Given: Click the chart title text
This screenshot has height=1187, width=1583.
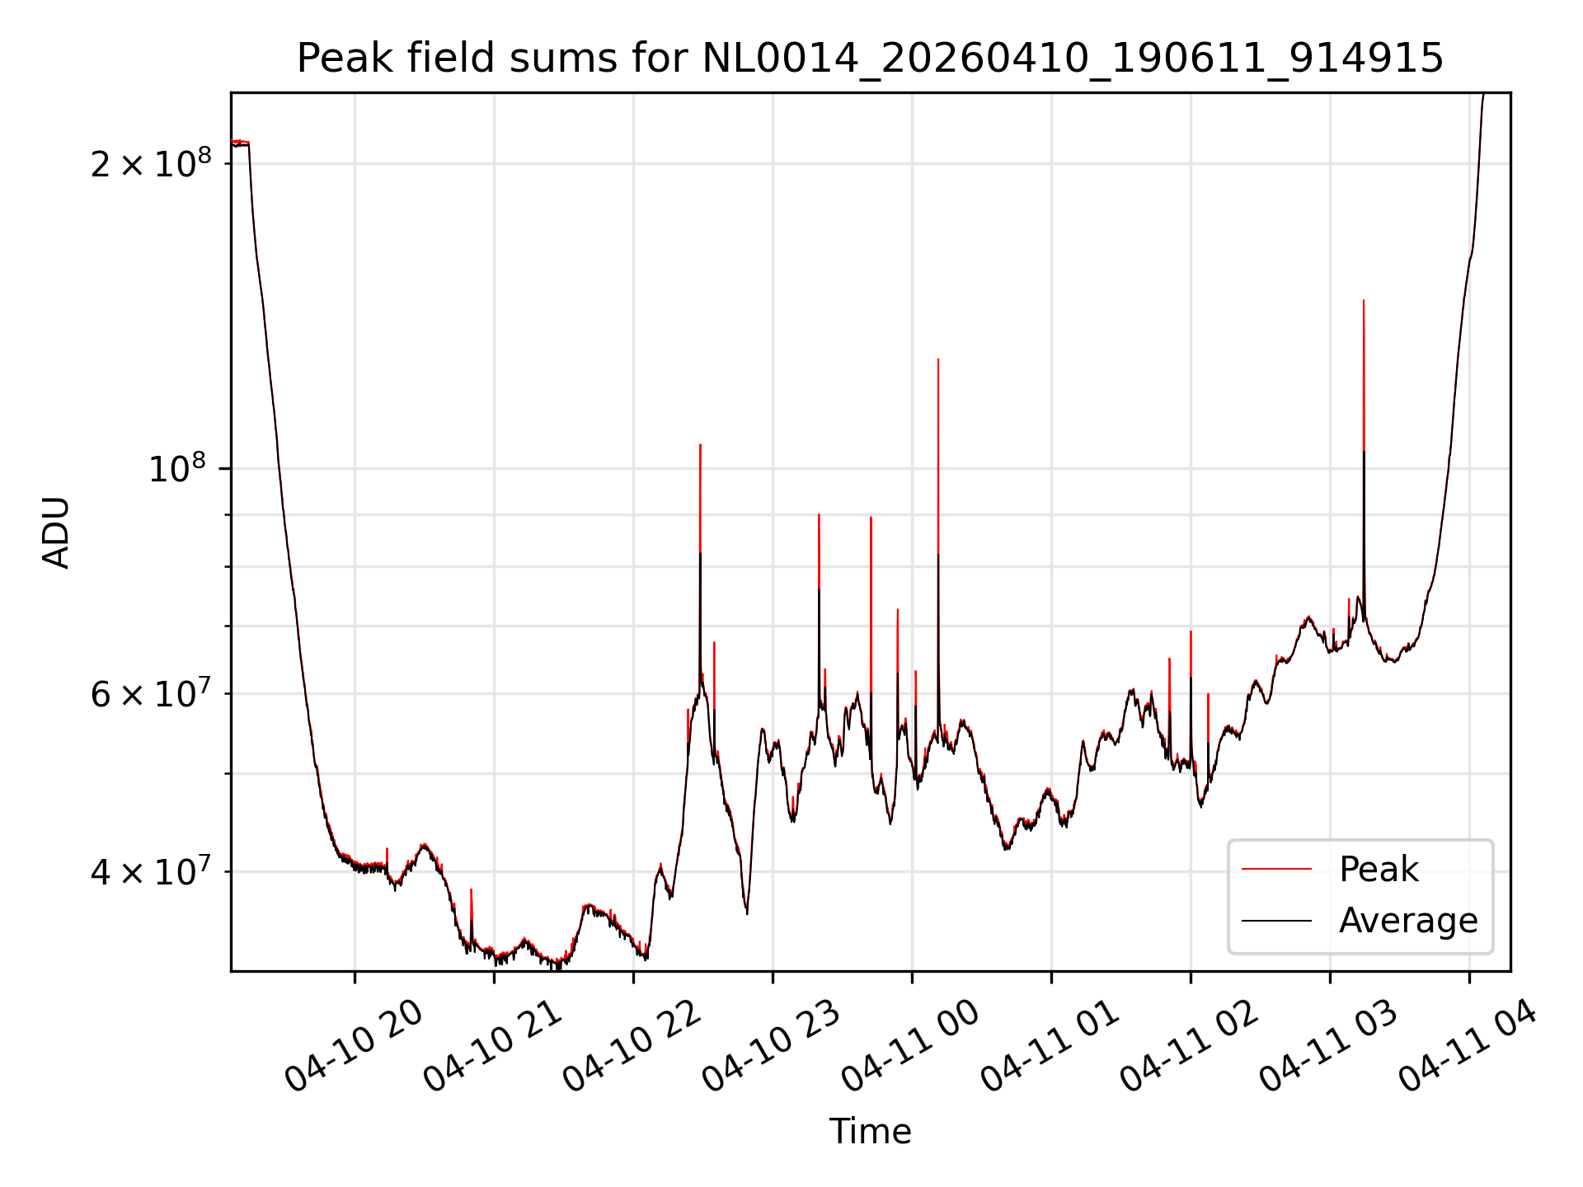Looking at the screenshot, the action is [870, 59].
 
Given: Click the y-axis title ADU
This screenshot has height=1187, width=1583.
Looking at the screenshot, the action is [56, 533].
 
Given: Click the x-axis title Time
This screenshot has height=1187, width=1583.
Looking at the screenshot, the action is [870, 1131].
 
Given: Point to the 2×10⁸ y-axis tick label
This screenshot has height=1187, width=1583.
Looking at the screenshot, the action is [151, 163].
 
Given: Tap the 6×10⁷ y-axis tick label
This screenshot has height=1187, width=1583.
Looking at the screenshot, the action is [151, 693].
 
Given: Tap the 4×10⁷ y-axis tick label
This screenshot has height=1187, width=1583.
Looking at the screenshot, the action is [151, 871].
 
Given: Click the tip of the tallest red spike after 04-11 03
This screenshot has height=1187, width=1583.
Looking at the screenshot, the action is [1364, 300].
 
